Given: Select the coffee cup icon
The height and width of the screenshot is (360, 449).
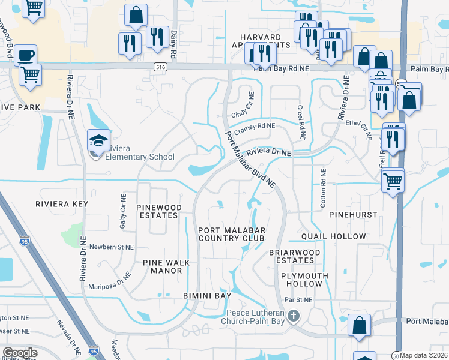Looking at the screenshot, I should tap(25, 55).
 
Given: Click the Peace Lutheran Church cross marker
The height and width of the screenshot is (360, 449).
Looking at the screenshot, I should tap(292, 316).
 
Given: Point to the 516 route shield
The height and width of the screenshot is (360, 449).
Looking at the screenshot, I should tap(159, 68).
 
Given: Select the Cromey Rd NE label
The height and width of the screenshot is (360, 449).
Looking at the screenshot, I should tap(254, 127).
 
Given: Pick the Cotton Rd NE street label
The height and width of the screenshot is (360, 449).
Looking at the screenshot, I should tap(323, 188).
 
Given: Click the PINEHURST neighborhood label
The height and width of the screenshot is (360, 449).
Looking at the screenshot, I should tap(357, 214).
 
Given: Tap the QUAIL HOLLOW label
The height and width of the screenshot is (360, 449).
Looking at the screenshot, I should tap(333, 236).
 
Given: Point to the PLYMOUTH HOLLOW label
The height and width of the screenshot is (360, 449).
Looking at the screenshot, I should tap(305, 279).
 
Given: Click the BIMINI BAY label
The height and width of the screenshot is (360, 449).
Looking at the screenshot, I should tap(207, 296).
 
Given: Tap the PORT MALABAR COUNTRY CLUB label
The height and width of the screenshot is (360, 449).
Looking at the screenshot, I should tap(231, 233).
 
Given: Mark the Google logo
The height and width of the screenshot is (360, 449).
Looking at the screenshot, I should tap(20, 352).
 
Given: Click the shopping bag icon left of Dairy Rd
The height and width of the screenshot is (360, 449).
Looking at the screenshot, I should tap(136, 14).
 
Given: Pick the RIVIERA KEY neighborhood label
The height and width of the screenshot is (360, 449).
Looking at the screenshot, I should tap(62, 204).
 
